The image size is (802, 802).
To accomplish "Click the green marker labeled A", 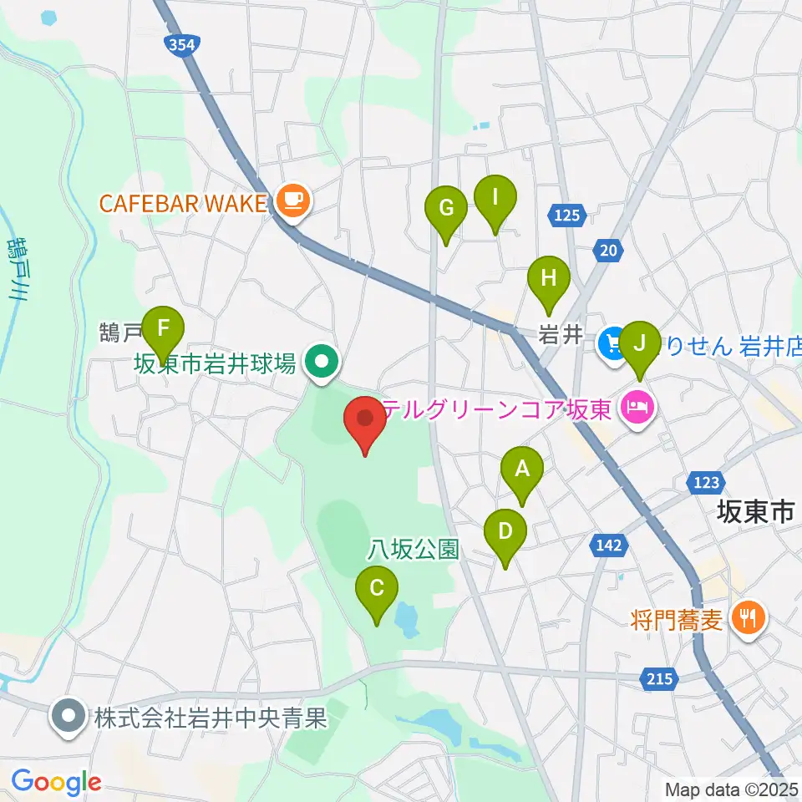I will [x=522, y=469].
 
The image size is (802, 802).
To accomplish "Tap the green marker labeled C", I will [x=377, y=587].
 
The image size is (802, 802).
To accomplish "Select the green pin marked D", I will [x=505, y=530].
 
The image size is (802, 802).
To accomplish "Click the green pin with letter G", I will [x=446, y=207].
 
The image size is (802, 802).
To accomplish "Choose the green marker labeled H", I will [x=548, y=277].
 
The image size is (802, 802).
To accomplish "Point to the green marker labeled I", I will [x=495, y=198].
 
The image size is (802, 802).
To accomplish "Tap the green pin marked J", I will [x=641, y=343].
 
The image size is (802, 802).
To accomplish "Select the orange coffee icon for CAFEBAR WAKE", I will [x=292, y=200].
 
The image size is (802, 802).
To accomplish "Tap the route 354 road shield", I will [x=183, y=47].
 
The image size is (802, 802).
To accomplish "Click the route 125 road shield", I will [x=566, y=216].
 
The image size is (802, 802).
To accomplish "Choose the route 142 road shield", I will [x=610, y=546].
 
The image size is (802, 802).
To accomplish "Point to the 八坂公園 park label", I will [x=414, y=549].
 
